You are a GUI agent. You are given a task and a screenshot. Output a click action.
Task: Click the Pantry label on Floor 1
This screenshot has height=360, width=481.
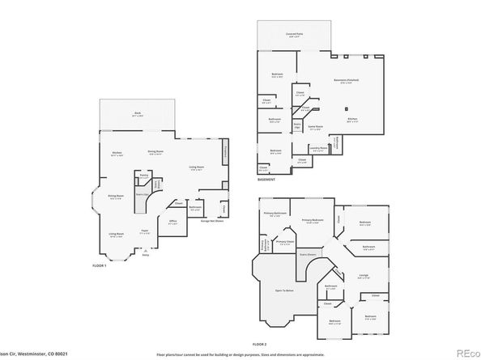144,174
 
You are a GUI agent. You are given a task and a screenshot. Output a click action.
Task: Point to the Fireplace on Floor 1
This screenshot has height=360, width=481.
224,152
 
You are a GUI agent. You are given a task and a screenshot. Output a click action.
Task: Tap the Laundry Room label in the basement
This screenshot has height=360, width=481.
319,148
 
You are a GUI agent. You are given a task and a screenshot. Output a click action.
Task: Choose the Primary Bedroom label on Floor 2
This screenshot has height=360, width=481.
313,220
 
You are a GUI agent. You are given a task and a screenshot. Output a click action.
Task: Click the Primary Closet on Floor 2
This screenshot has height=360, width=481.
284,240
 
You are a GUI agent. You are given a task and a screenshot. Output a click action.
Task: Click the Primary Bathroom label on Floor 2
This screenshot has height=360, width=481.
275,213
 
